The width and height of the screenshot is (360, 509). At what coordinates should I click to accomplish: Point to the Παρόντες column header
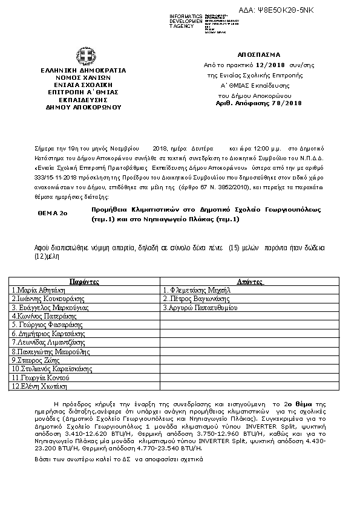(x=84, y=282)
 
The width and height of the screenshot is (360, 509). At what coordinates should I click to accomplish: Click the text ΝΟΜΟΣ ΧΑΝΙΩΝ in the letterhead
(x=83, y=77)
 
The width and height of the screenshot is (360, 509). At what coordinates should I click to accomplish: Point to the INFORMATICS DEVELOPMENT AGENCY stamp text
(x=186, y=21)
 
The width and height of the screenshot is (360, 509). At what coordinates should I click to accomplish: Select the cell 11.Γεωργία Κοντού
(x=40, y=377)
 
